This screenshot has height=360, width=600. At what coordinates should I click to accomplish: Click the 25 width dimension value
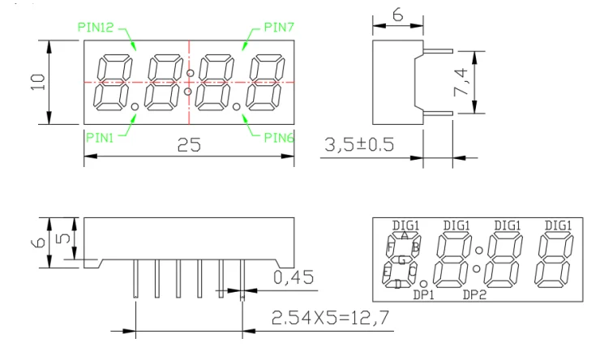coord(189,146)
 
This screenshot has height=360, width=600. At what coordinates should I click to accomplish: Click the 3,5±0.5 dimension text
coord(358,145)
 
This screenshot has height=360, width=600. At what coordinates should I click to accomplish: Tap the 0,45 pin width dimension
coord(294,278)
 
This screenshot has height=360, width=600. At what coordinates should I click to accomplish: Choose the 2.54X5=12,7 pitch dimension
coord(324,317)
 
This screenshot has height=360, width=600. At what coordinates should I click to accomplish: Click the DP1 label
coord(424,294)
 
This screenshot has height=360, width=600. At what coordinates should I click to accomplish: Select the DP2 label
coord(474,294)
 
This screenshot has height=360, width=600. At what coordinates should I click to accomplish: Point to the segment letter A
coord(404,235)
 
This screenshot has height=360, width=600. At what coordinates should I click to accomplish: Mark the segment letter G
coord(401,259)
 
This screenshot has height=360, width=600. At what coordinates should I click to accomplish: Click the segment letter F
coord(391,247)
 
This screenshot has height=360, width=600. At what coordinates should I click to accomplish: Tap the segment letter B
coord(415,247)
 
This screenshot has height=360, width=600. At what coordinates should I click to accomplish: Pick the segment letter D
coord(397,284)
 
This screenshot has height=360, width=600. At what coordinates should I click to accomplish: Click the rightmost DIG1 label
coord(558,225)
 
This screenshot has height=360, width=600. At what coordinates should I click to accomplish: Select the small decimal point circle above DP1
coord(423,284)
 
